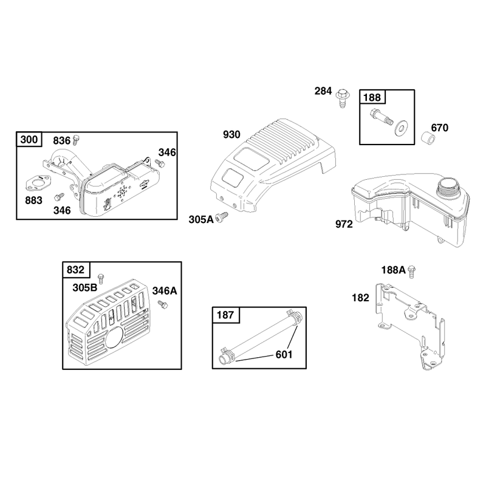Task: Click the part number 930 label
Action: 231,134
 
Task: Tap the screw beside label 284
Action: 343,98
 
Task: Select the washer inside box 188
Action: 402,127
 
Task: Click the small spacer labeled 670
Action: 428,138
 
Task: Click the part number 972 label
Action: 344,224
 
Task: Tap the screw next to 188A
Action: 412,271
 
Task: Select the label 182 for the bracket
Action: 360,298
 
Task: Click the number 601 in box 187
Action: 284,354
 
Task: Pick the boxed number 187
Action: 225,315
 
